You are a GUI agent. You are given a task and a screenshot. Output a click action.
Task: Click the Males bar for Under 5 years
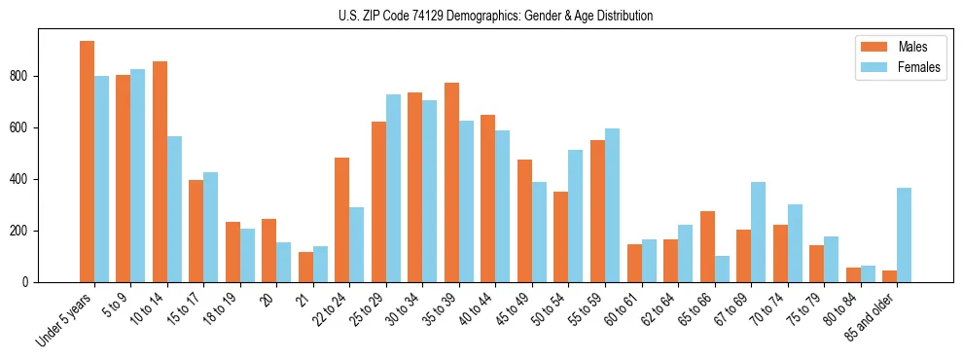(87, 162)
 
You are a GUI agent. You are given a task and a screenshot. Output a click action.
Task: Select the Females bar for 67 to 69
(758, 232)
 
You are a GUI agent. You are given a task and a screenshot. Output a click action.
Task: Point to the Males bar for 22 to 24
(342, 220)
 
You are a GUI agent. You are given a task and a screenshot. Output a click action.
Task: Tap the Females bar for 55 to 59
(612, 205)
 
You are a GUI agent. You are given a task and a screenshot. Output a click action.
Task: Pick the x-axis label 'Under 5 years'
(66, 317)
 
